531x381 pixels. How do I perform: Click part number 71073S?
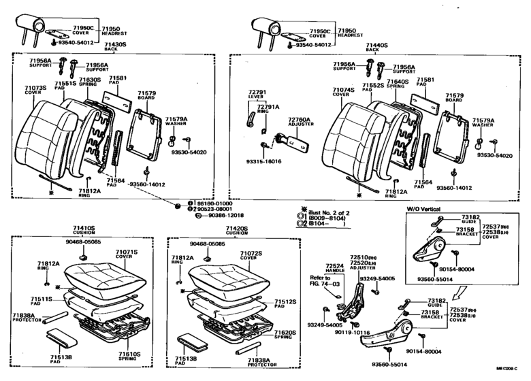point(35,88)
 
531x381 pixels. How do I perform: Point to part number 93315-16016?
point(263,161)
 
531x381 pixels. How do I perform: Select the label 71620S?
point(284,333)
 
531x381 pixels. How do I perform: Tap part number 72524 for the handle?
point(334,265)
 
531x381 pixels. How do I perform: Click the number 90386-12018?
point(221,215)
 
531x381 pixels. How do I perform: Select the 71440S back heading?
point(376,44)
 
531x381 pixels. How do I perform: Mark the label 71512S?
point(284,301)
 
